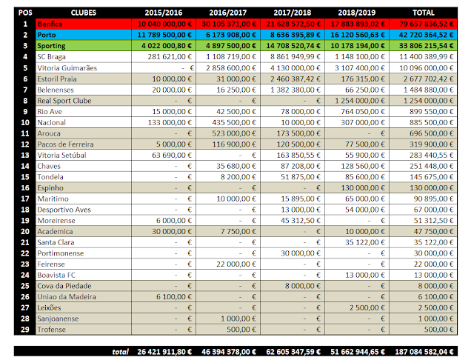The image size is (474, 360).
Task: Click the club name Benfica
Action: [51, 24]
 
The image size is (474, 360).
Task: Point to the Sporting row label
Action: [53, 46]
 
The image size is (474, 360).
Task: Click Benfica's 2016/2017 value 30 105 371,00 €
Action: [230, 24]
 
